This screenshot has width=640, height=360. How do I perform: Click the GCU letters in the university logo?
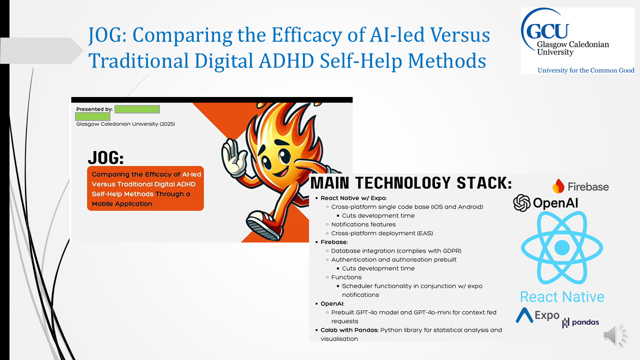pyautogui.click(x=547, y=30)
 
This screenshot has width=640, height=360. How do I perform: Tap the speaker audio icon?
pyautogui.click(x=615, y=335)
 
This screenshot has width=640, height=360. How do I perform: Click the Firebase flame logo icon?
pyautogui.click(x=558, y=186)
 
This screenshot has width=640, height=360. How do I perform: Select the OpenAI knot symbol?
pyautogui.click(x=521, y=203)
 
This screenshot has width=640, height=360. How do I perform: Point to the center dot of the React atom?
pyautogui.click(x=562, y=247)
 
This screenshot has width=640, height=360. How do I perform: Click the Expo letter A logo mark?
pyautogui.click(x=524, y=315)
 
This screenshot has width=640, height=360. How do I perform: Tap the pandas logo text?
pyautogui.click(x=585, y=322)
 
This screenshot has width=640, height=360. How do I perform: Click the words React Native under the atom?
pyautogui.click(x=562, y=297)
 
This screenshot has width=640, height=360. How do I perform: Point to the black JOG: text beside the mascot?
pyautogui.click(x=106, y=157)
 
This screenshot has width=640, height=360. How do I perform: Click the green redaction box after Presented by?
pyautogui.click(x=137, y=109)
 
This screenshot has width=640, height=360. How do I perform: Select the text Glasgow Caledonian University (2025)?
pyautogui.click(x=125, y=124)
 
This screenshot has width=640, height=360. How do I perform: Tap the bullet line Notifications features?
pyautogui.click(x=363, y=224)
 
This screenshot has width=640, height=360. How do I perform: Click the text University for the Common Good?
pyautogui.click(x=585, y=70)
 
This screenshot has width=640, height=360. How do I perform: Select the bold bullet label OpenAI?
pyautogui.click(x=332, y=303)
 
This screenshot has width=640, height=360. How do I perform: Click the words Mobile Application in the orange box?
pyautogui.click(x=122, y=204)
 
